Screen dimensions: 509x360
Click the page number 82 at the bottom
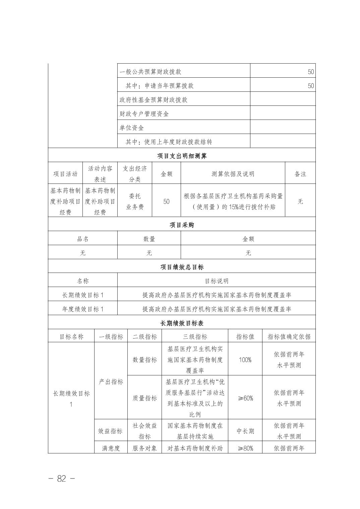pos(62,479)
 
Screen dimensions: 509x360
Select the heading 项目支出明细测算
pos(182,156)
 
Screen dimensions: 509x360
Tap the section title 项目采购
pos(182,225)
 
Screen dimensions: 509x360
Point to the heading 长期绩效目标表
pos(182,323)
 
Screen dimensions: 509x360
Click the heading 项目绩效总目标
pos(182,267)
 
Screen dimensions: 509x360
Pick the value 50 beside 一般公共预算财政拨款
pos(311,72)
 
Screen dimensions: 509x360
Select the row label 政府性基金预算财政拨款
pos(154,100)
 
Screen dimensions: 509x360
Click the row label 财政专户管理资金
pos(144,114)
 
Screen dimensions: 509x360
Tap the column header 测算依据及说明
pos(233,174)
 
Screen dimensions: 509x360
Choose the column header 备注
pos(300,174)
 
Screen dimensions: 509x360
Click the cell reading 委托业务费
pos(135,202)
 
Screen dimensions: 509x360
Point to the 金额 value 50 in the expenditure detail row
pos(166,202)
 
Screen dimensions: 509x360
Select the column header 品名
pos(83,239)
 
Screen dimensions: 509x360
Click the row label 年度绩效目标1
pos(83,309)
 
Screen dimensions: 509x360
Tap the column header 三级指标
pos(195,337)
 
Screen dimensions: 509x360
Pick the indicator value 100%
pos(245,360)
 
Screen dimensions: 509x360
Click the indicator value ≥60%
pos(245,398)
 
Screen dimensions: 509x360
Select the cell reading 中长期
pos(245,431)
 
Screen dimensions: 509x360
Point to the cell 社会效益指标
pos(145,431)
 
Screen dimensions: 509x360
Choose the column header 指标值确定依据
pos(289,337)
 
